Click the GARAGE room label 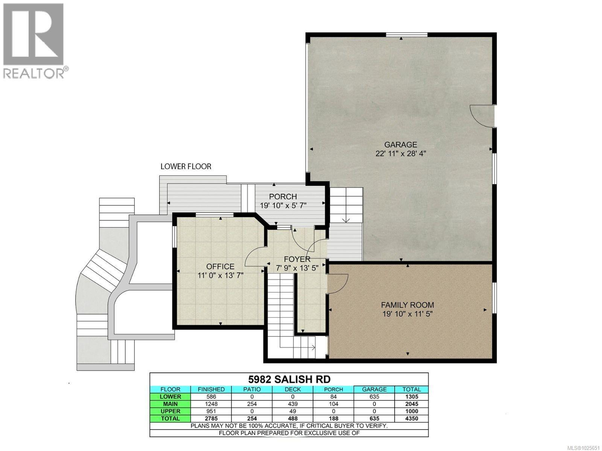(x=400, y=144)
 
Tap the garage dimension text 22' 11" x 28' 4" (x=400, y=154)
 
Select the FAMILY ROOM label (x=407, y=305)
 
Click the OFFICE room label (x=220, y=266)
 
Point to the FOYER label (x=297, y=259)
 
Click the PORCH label (x=283, y=197)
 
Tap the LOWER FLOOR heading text (x=186, y=166)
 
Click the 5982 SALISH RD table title (x=289, y=379)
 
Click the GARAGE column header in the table (x=374, y=389)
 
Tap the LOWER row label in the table (x=170, y=397)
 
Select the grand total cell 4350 (x=411, y=418)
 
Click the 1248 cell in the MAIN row (x=211, y=404)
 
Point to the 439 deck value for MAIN (x=292, y=404)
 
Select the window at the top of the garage (x=407, y=35)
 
